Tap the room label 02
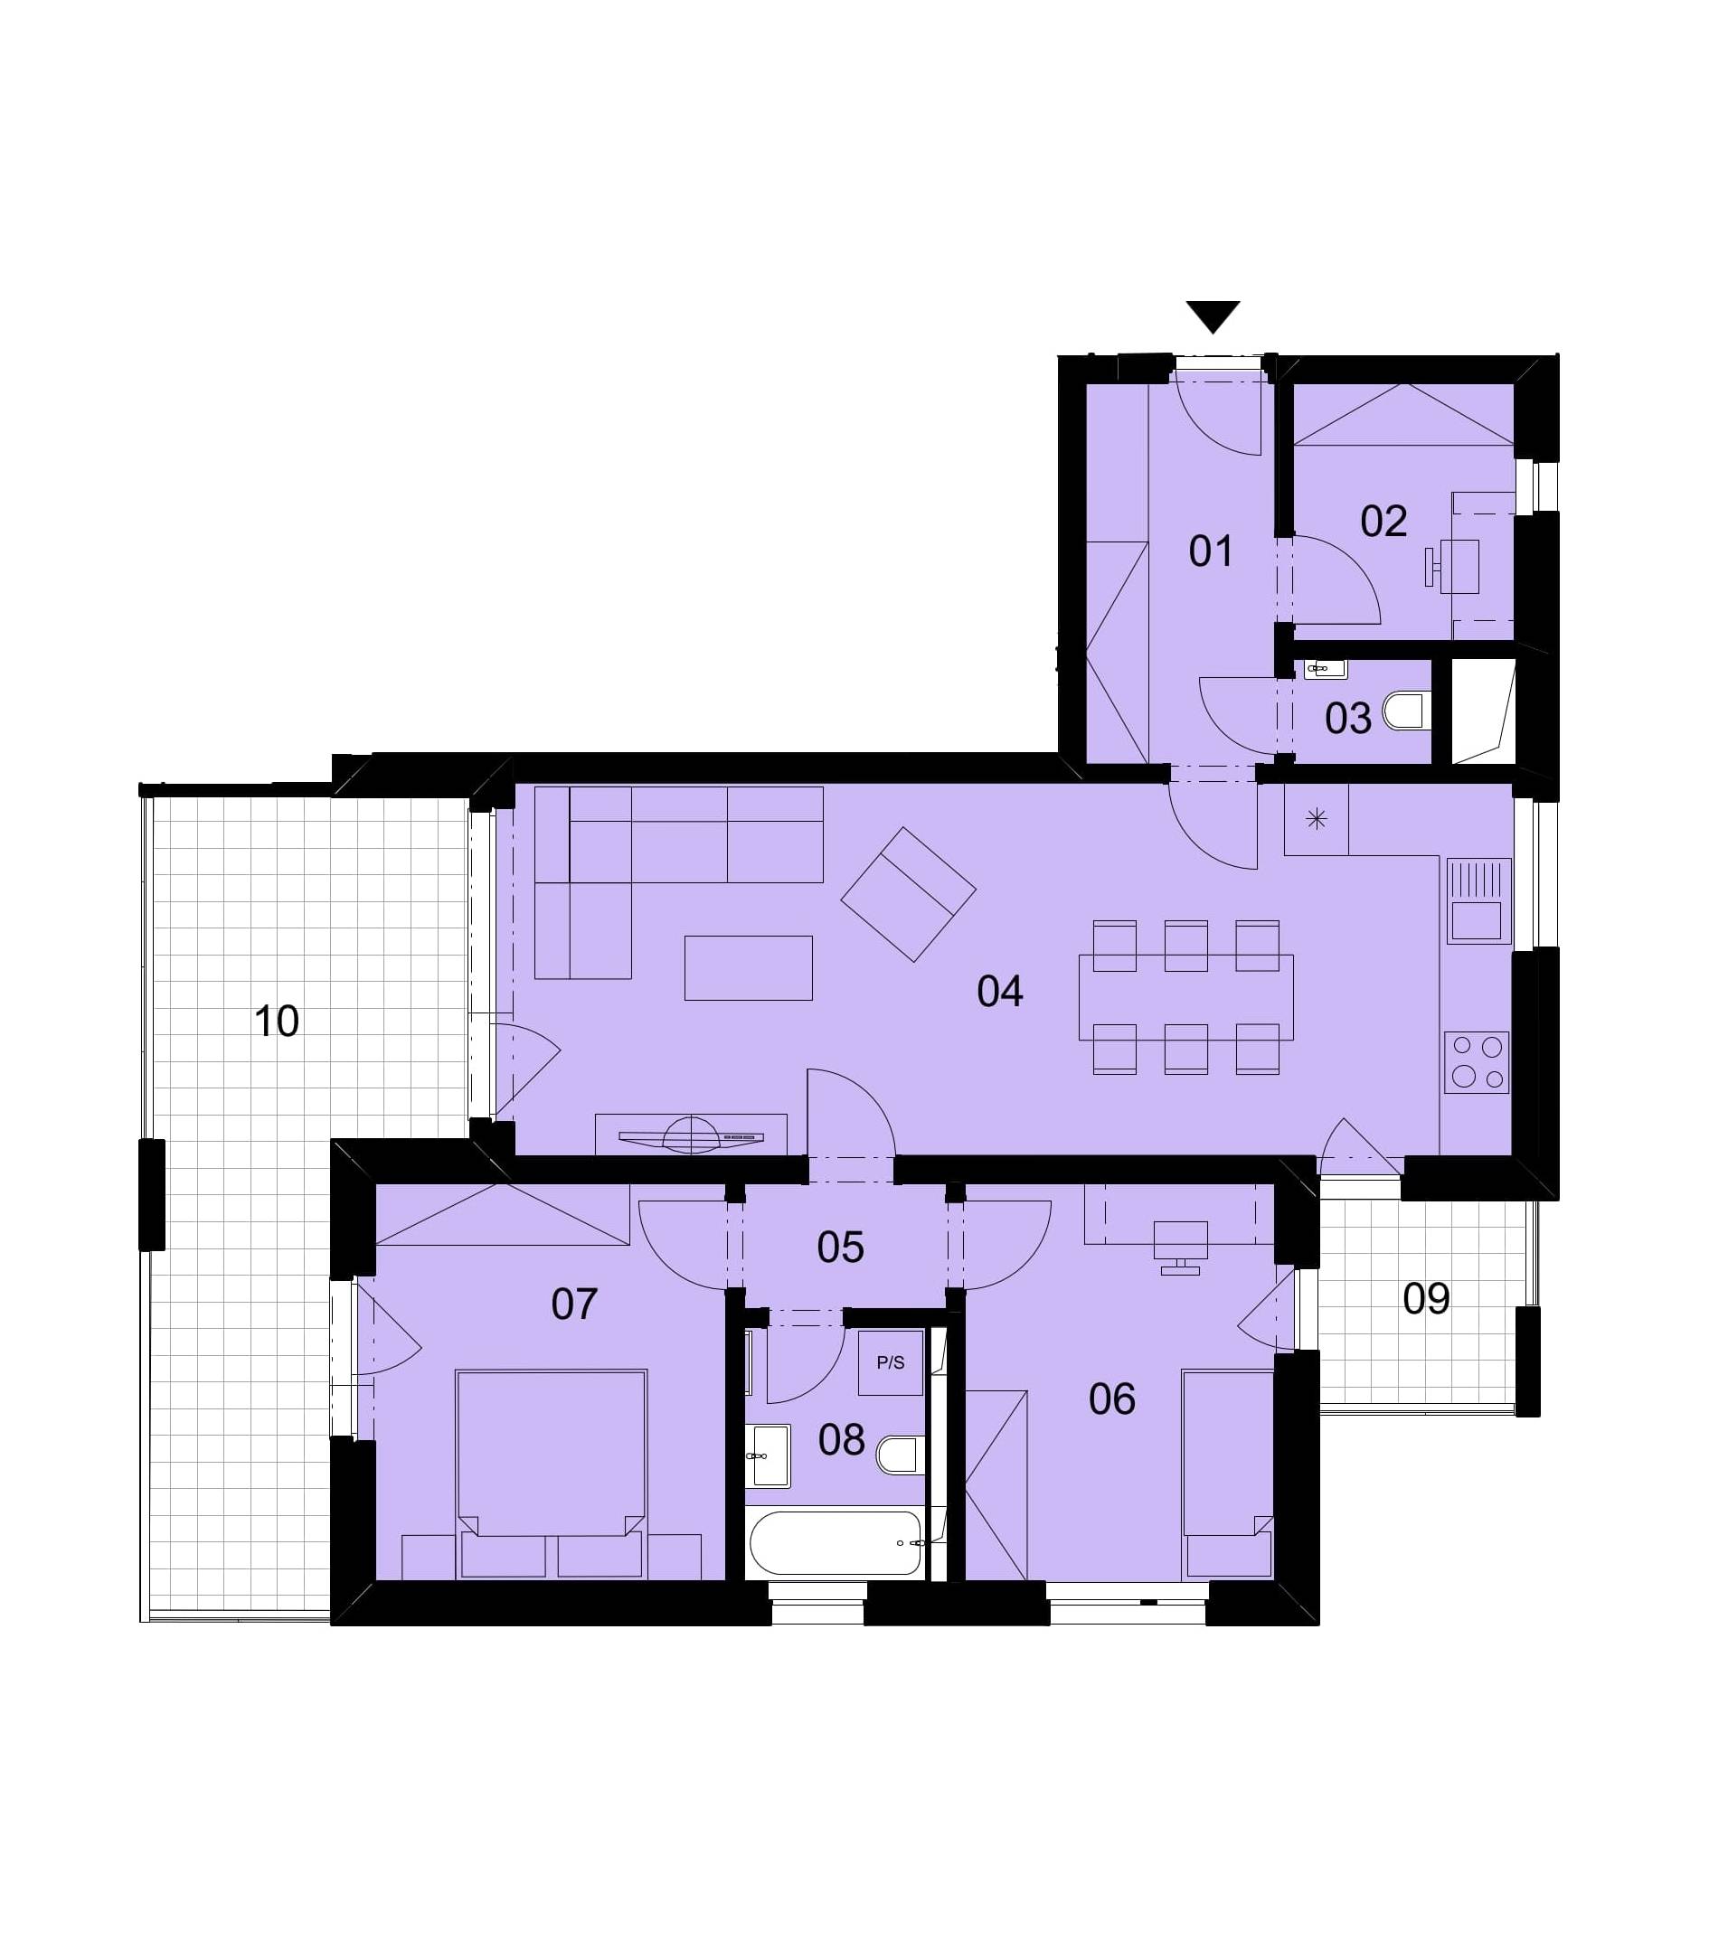[1383, 522]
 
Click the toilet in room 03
[1408, 711]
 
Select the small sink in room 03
[1326, 669]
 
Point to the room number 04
[999, 992]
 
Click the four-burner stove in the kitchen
[1476, 1063]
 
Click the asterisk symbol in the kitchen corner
[1316, 818]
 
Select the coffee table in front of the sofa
[748, 968]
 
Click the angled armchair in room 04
[908, 894]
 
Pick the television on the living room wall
[691, 1136]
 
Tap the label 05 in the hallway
[841, 1248]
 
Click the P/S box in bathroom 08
[891, 1363]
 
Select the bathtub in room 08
[835, 1543]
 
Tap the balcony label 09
[1425, 1300]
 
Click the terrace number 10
[276, 1022]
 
